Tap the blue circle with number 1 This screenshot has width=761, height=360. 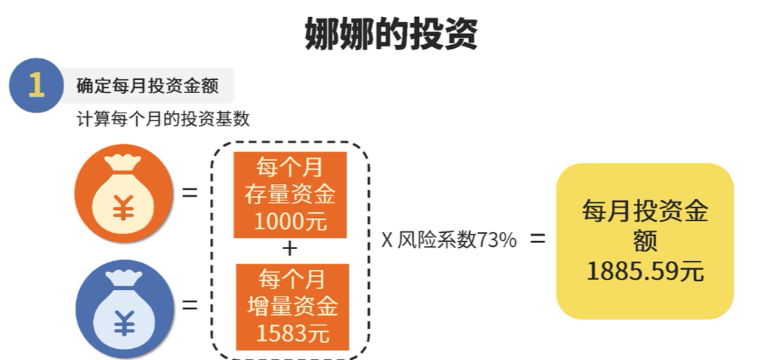(x=35, y=85)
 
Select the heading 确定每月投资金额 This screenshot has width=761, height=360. (x=148, y=86)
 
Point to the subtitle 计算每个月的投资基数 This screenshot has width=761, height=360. (x=163, y=119)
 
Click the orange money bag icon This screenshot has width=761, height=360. (x=123, y=194)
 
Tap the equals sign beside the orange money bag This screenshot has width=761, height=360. (x=190, y=194)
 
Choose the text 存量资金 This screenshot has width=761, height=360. (x=290, y=194)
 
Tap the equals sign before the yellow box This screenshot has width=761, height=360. (x=537, y=240)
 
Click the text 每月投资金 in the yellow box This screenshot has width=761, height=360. (x=645, y=211)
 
